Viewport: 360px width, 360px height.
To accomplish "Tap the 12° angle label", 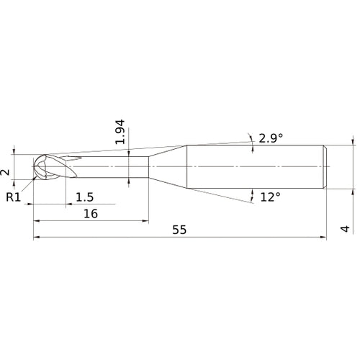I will point(270,197).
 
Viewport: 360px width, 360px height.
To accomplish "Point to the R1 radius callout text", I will point(13,196).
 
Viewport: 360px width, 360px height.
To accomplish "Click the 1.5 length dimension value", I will point(84,197).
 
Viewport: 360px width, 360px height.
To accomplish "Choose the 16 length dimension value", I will point(91,214).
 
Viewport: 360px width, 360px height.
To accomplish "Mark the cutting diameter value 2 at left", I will point(6,171).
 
